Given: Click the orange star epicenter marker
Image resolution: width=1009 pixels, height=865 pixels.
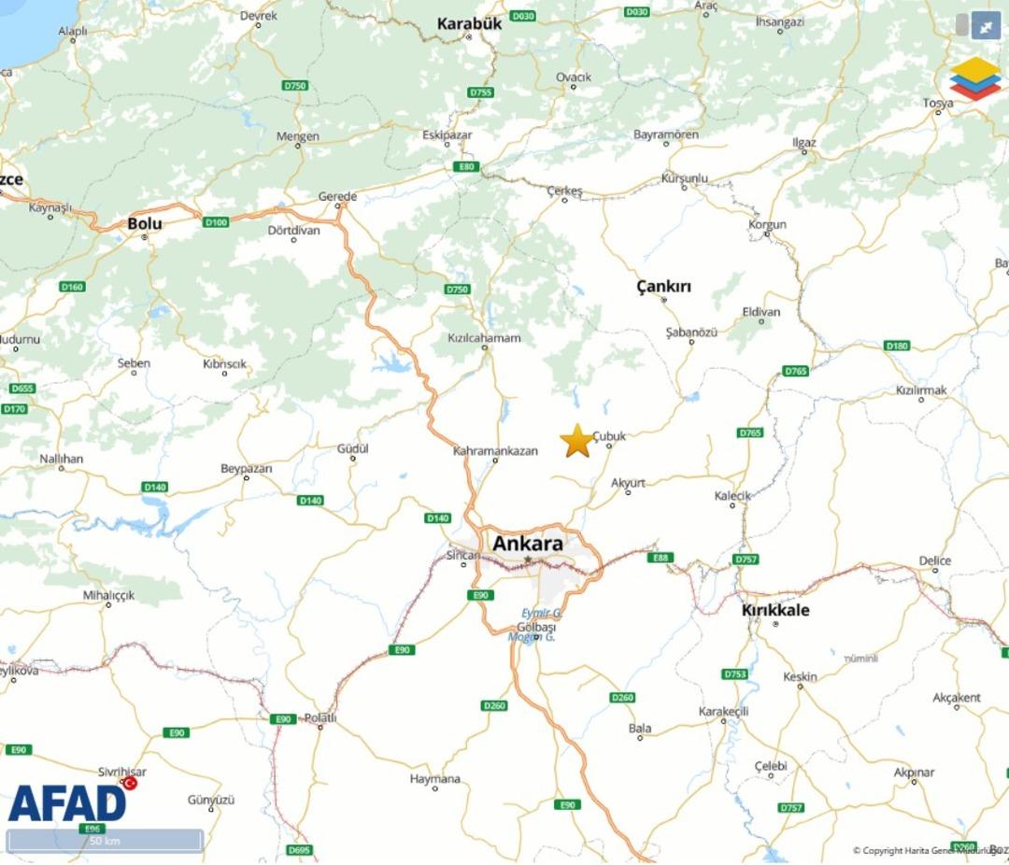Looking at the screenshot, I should pyautogui.click(x=577, y=441).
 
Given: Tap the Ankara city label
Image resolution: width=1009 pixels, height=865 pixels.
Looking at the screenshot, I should pyautogui.click(x=528, y=544).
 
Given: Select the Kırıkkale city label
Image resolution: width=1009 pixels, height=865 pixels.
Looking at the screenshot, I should pyautogui.click(x=775, y=611).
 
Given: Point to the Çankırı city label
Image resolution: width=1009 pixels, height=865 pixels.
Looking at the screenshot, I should pyautogui.click(x=663, y=286).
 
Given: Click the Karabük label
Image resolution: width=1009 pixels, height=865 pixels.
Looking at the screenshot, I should pyautogui.click(x=469, y=24).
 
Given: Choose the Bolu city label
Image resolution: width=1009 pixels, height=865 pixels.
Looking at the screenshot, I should pyautogui.click(x=145, y=224).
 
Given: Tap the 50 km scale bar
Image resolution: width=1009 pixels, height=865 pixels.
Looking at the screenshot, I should pyautogui.click(x=105, y=841).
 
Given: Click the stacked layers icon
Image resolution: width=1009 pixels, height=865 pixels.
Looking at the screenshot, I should pyautogui.click(x=974, y=78).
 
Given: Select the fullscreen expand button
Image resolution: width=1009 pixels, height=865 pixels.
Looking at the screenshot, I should pyautogui.click(x=986, y=26).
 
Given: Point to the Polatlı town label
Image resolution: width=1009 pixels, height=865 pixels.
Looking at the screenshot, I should pyautogui.click(x=320, y=717).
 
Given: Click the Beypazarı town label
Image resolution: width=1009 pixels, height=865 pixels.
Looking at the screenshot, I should pyautogui.click(x=246, y=468).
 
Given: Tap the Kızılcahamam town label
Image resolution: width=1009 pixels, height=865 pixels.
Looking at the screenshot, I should pyautogui.click(x=484, y=338).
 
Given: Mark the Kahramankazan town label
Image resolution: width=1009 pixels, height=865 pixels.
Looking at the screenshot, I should pyautogui.click(x=495, y=451).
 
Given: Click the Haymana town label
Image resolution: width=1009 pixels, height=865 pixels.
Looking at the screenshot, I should pyautogui.click(x=435, y=778).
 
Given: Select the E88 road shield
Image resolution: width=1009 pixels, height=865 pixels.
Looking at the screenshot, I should pyautogui.click(x=661, y=558).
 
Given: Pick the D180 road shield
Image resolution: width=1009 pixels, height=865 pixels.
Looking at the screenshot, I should pyautogui.click(x=896, y=346).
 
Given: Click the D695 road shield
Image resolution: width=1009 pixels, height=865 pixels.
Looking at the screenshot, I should pyautogui.click(x=299, y=850).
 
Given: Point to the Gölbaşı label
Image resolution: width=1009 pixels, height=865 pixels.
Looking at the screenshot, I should pyautogui.click(x=536, y=625).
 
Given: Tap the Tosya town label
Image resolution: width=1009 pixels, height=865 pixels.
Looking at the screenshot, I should pyautogui.click(x=938, y=103).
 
